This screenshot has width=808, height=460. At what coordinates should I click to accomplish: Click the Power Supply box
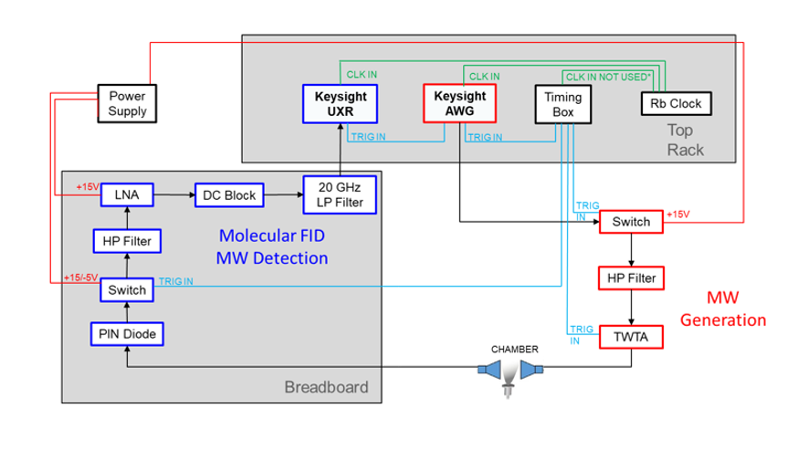(x=127, y=104)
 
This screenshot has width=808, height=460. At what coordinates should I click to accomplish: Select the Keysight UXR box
(x=341, y=103)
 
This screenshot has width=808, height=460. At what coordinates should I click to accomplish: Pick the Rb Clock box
(x=676, y=103)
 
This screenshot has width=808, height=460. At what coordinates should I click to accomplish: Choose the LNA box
(x=127, y=193)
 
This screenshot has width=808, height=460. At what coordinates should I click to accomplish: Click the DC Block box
(x=228, y=193)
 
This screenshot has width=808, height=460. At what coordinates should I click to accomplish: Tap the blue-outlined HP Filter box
(x=127, y=242)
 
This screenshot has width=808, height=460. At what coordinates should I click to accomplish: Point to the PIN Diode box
(x=127, y=335)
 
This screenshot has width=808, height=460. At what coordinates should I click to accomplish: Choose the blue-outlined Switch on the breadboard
(x=127, y=289)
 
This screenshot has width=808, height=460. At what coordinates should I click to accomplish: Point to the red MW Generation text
(x=736, y=309)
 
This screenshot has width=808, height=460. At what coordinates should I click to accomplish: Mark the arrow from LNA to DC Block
(x=174, y=193)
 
